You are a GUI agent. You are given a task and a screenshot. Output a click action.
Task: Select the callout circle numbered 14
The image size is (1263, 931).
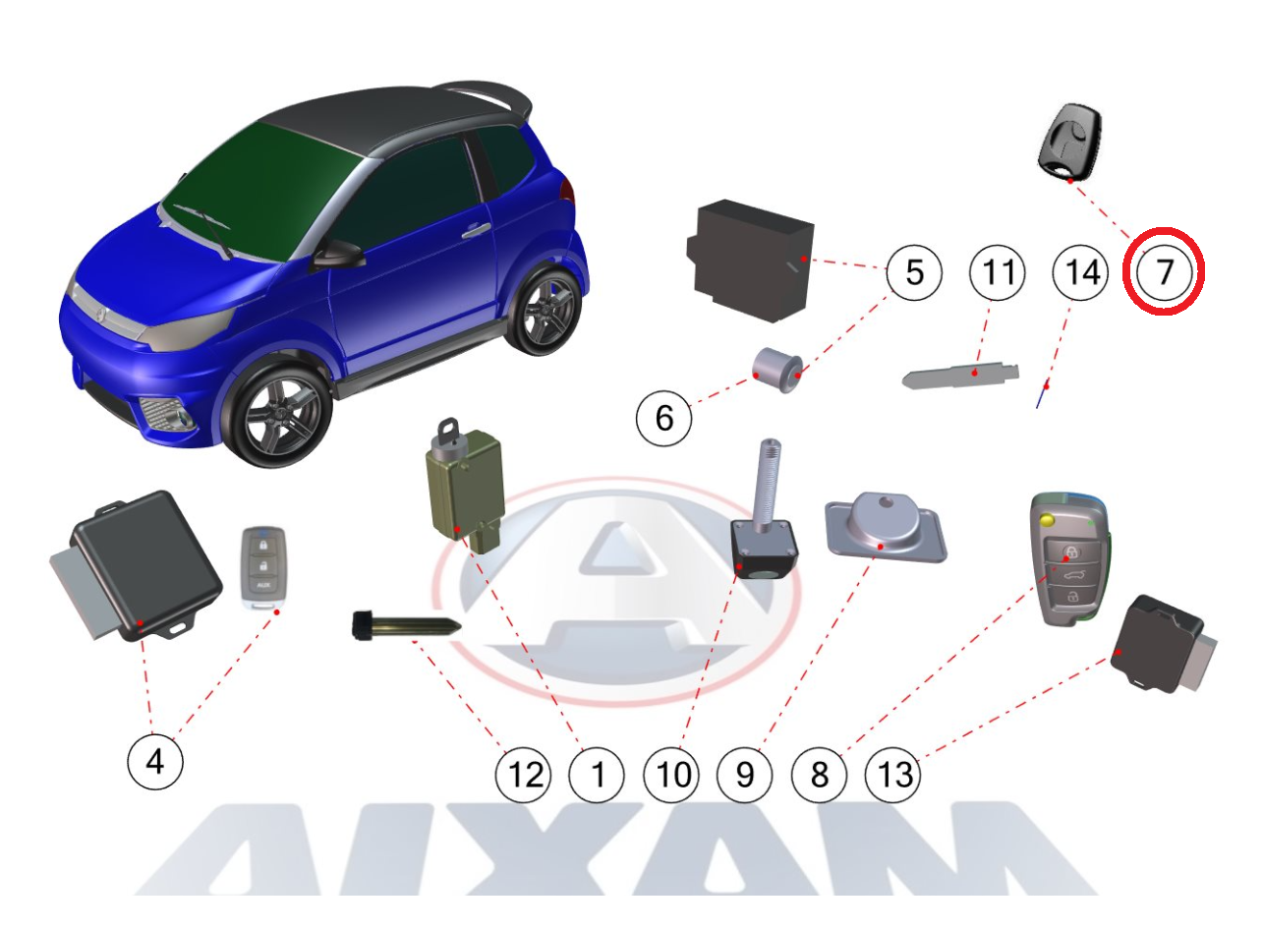point(1080,271)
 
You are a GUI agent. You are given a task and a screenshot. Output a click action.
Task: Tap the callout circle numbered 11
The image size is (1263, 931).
point(997,271)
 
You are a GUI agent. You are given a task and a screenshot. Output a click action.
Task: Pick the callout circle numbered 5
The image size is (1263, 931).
point(914,271)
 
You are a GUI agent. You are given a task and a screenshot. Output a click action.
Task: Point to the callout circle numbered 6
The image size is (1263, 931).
point(663,418)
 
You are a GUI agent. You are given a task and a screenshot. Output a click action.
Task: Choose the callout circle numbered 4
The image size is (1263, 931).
point(155,761)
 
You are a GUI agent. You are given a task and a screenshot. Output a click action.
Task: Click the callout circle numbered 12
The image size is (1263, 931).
point(523,775)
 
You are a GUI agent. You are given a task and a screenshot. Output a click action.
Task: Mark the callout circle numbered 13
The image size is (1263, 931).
point(892,775)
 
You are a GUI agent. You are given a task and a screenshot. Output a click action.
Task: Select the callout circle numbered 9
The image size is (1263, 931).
point(744,775)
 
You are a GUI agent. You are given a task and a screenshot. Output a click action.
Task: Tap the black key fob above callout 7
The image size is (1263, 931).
point(1069,144)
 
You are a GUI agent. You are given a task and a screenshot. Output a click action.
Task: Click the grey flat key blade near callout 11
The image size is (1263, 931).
point(960,375)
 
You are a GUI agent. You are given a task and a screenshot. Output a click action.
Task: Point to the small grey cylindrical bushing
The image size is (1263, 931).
point(777,371)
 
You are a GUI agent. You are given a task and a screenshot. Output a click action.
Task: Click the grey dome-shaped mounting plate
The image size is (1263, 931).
point(886,527)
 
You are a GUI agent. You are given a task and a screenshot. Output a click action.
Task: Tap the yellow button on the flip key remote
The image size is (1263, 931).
point(1048,520)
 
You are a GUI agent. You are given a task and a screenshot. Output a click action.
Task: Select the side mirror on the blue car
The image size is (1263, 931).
point(338,255)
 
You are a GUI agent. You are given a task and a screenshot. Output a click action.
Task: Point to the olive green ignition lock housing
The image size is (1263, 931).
point(464,491)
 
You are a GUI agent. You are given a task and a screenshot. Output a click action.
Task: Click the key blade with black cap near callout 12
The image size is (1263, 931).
point(406,626)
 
